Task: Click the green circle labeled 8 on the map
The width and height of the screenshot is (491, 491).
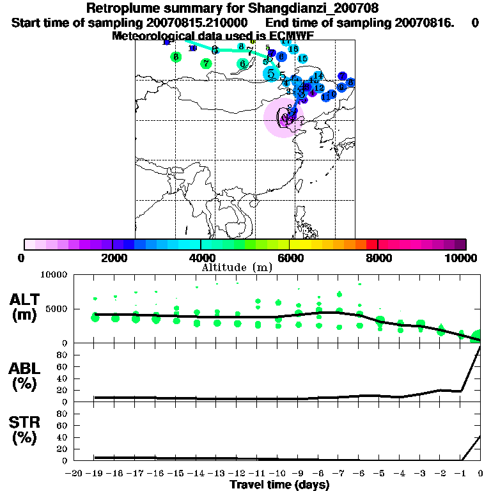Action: [x=176, y=57]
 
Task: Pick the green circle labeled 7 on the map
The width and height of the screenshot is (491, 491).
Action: [x=205, y=63]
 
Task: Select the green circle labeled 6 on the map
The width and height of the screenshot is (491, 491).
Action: [x=242, y=63]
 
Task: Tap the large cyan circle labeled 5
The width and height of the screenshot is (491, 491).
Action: [x=272, y=74]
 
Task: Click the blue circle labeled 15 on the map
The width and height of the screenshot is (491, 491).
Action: [x=302, y=58]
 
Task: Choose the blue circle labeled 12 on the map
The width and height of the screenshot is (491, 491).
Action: [x=318, y=88]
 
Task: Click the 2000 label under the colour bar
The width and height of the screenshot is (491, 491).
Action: [x=113, y=258]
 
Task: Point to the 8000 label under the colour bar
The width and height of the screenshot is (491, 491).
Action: [x=377, y=258]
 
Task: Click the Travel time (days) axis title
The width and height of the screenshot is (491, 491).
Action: [x=279, y=485]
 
